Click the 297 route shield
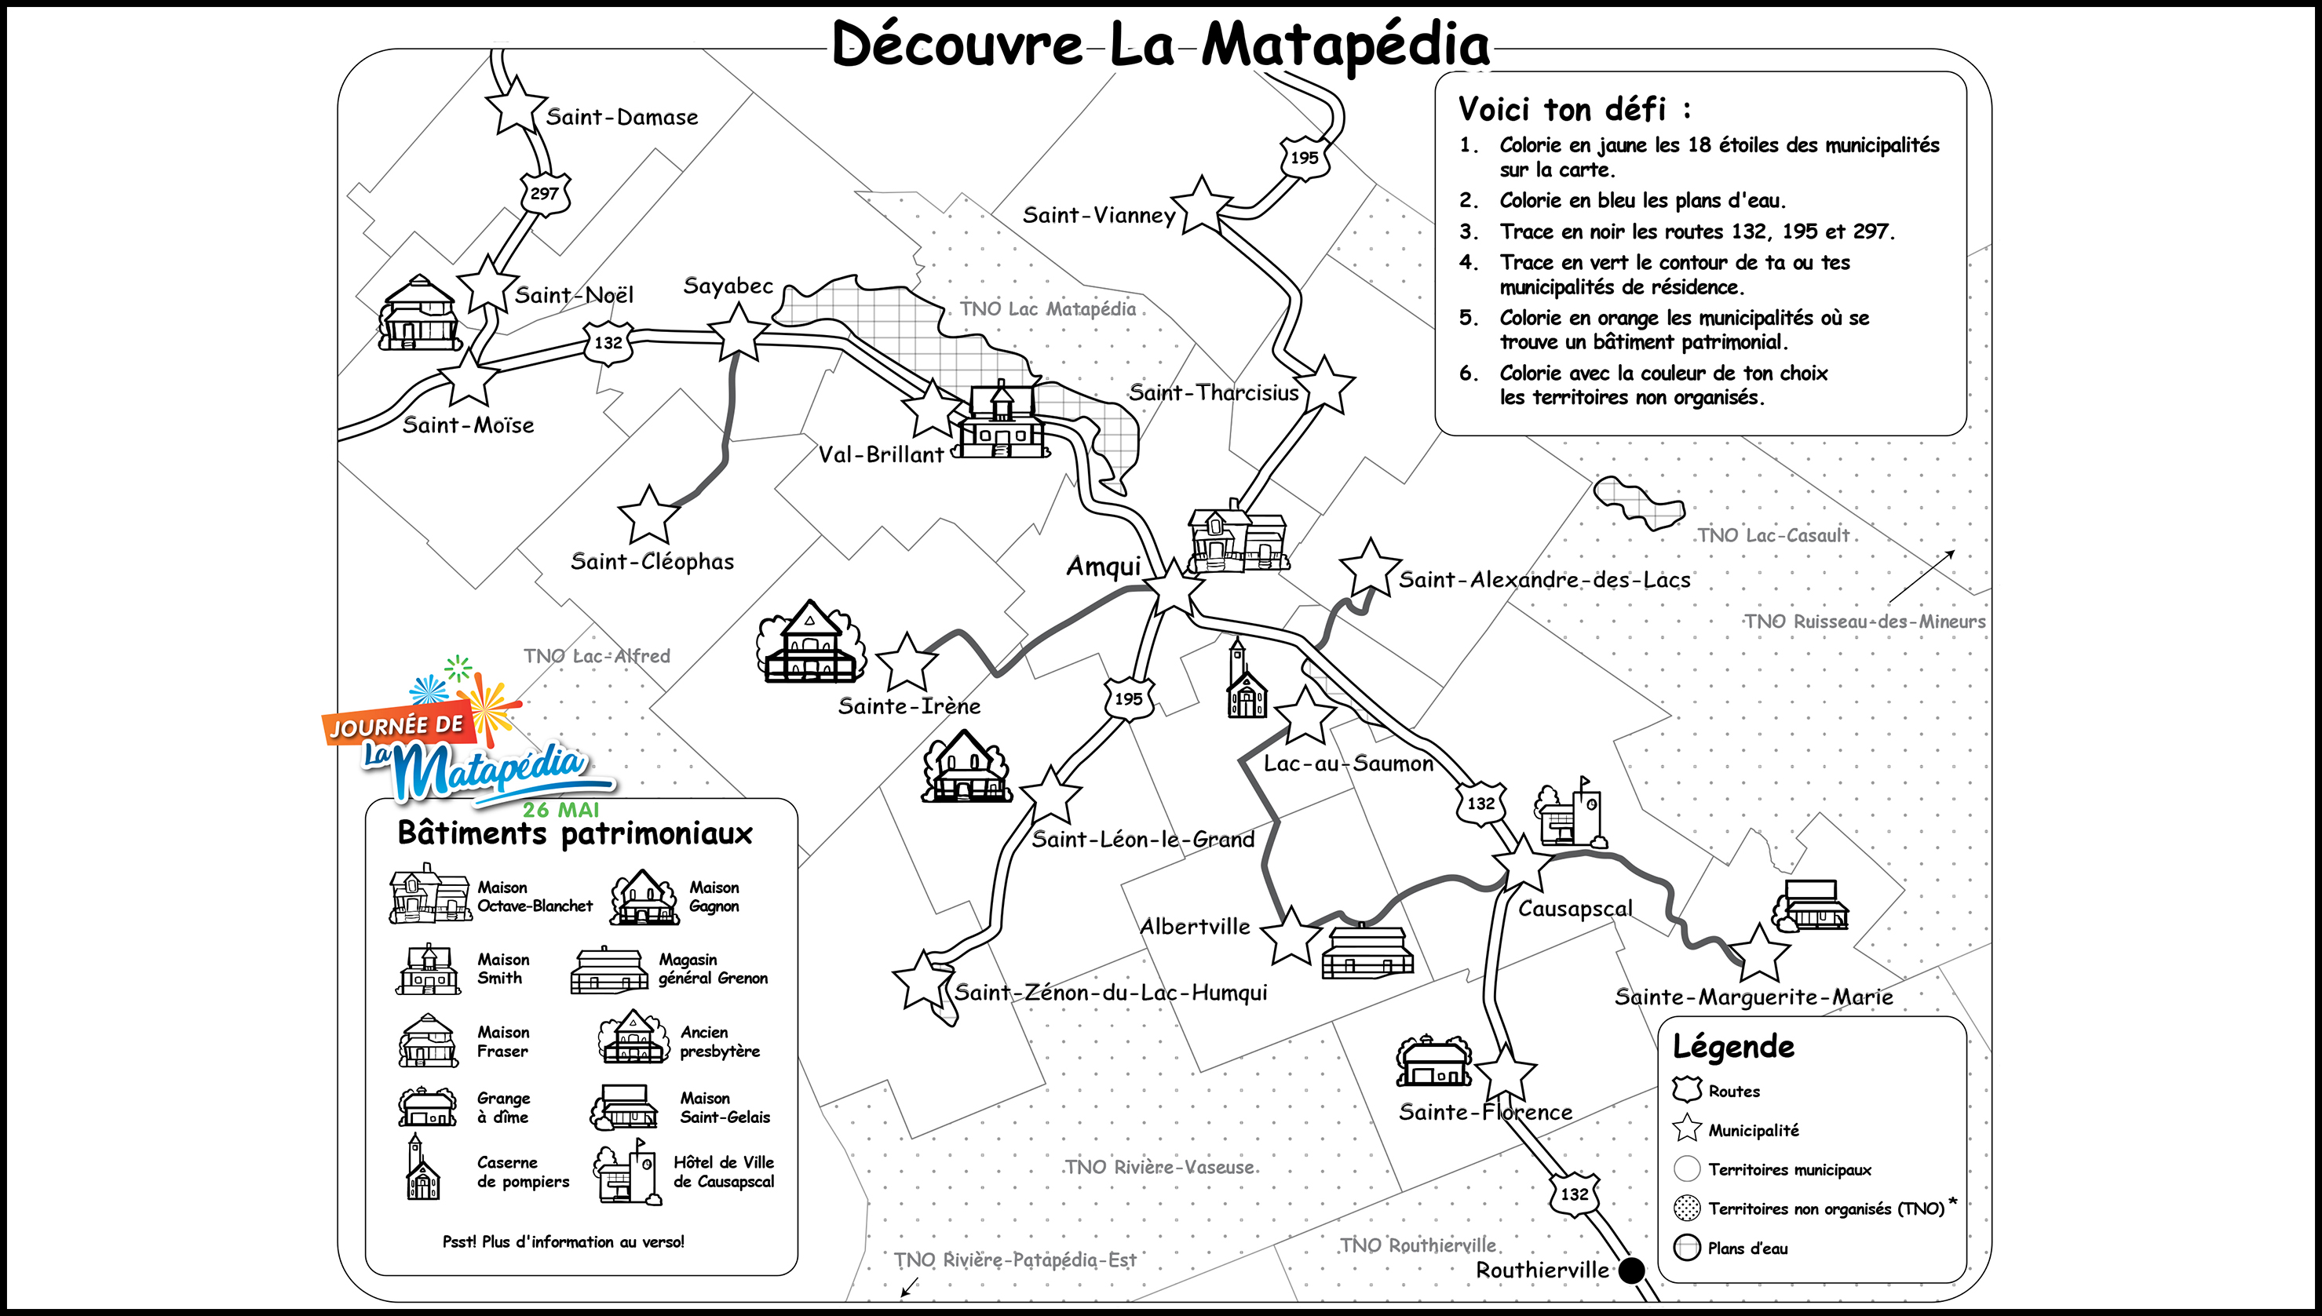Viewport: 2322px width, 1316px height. coord(544,193)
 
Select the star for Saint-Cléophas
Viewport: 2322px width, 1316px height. coord(648,516)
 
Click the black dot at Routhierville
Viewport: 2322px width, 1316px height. coord(1630,1270)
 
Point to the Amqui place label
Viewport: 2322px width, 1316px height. coord(1104,567)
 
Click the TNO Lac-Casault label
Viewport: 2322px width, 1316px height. coord(1773,535)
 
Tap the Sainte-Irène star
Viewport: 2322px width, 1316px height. coord(907,662)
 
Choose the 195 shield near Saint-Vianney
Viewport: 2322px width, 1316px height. coord(1303,157)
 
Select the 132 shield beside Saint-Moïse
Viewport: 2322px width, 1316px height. coord(608,343)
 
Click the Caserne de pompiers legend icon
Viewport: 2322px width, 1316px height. coord(422,1168)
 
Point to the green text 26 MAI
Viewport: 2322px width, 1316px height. coord(560,810)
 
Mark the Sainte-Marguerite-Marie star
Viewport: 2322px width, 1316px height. coord(1759,953)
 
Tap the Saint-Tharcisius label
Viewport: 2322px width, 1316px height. coord(1213,392)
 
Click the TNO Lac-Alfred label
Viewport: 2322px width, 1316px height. coord(597,655)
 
